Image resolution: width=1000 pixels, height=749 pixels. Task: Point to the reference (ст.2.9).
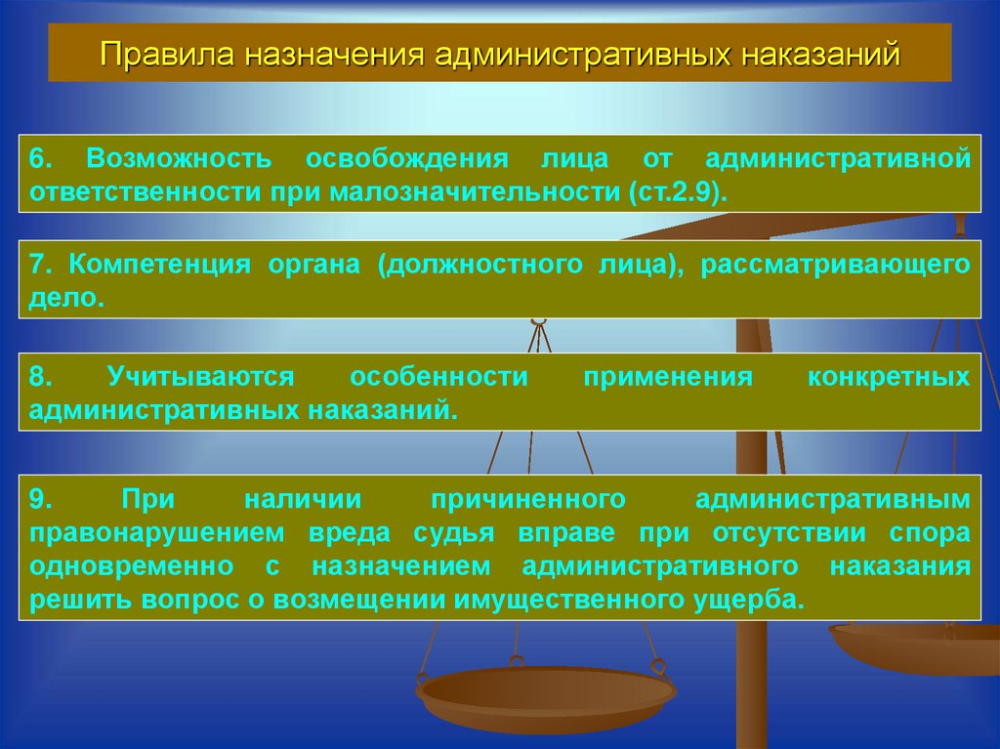point(673,189)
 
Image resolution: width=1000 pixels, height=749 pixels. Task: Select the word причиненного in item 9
point(527,499)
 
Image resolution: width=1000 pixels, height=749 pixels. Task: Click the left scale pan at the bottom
point(545,695)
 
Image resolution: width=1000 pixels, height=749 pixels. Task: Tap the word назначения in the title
point(333,54)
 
